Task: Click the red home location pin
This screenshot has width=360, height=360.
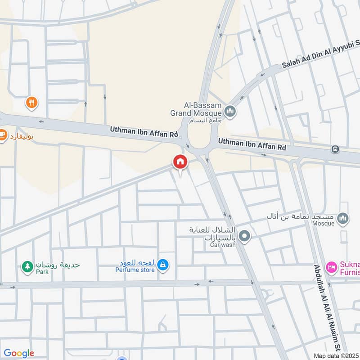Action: coord(180,162)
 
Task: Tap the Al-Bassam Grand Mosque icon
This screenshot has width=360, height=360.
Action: coord(230,111)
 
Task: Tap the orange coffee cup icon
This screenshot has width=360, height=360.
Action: coord(2,135)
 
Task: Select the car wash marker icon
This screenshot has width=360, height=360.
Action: coord(244,236)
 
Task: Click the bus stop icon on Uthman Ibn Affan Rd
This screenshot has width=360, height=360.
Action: coord(335,149)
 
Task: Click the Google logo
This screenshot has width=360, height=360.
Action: coord(19,353)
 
